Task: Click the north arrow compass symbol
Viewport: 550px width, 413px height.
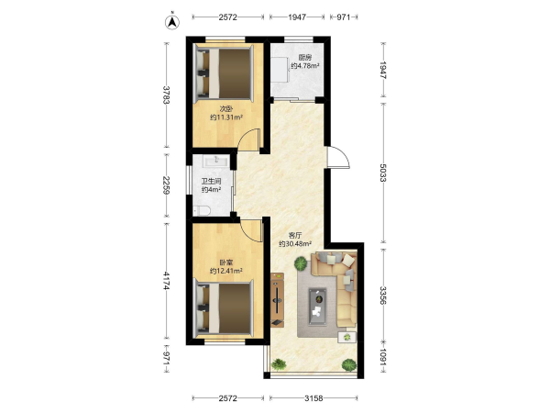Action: (172, 22)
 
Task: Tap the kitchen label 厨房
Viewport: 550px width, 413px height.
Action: (305, 57)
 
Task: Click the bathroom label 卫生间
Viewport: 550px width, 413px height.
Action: (211, 181)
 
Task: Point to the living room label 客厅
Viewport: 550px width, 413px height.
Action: (294, 235)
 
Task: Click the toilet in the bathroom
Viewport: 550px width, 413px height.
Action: (202, 211)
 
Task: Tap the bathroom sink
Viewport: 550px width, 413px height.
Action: (216, 161)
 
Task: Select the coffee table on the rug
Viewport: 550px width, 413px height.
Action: (317, 307)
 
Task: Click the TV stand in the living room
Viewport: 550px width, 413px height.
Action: (277, 299)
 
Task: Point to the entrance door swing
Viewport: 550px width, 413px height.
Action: (338, 157)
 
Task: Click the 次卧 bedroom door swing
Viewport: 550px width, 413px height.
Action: (248, 140)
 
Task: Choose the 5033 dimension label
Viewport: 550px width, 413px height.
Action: (382, 173)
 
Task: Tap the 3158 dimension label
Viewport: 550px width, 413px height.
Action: (313, 398)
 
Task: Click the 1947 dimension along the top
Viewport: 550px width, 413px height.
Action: (297, 17)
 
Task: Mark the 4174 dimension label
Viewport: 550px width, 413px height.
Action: (167, 281)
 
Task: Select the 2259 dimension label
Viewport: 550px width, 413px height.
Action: (167, 184)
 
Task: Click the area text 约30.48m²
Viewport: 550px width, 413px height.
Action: (295, 244)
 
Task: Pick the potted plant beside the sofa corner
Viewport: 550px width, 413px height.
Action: (301, 263)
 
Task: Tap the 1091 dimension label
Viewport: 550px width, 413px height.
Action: (382, 357)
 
